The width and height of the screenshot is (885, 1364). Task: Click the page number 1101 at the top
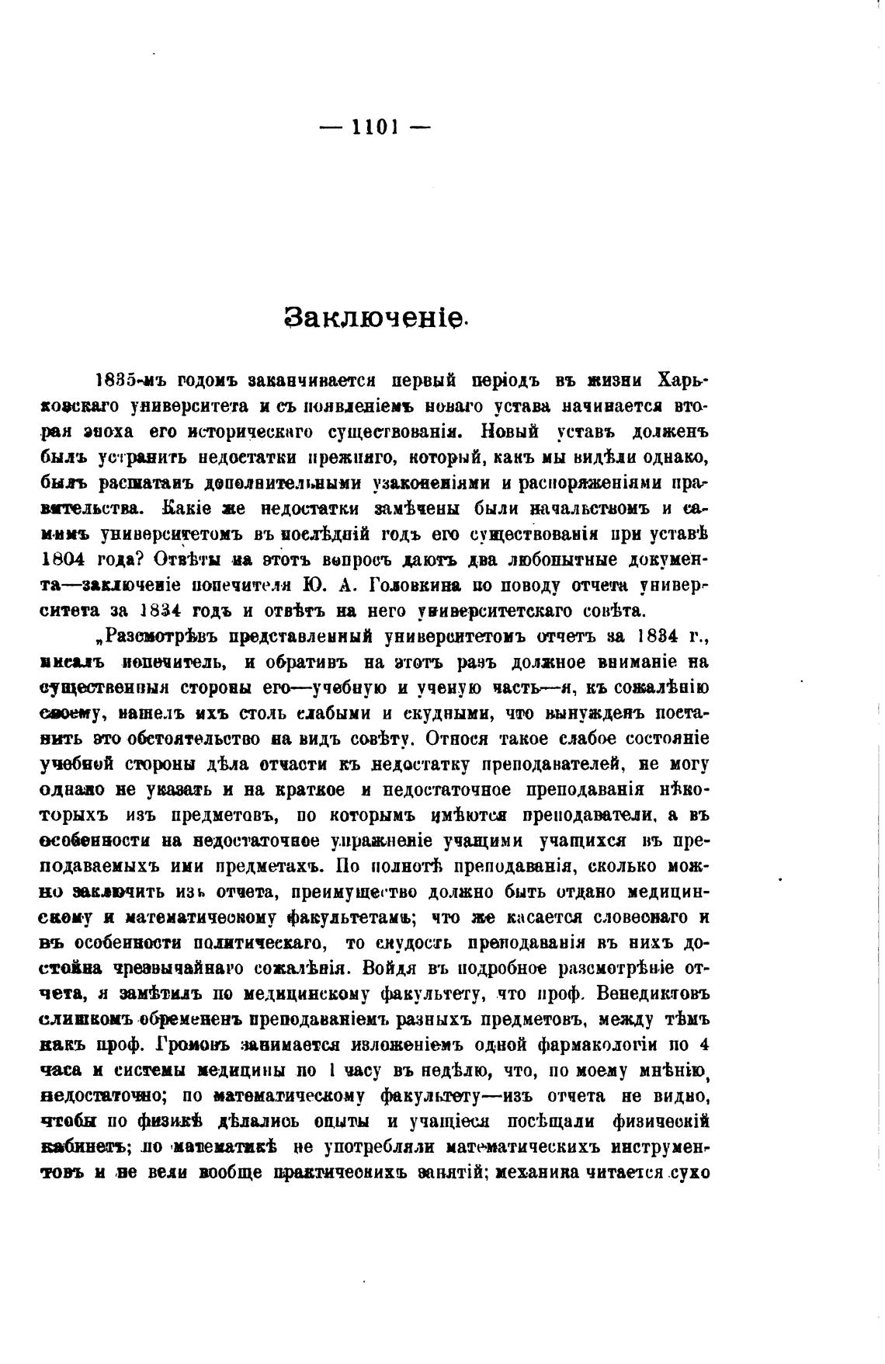[x=375, y=127]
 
